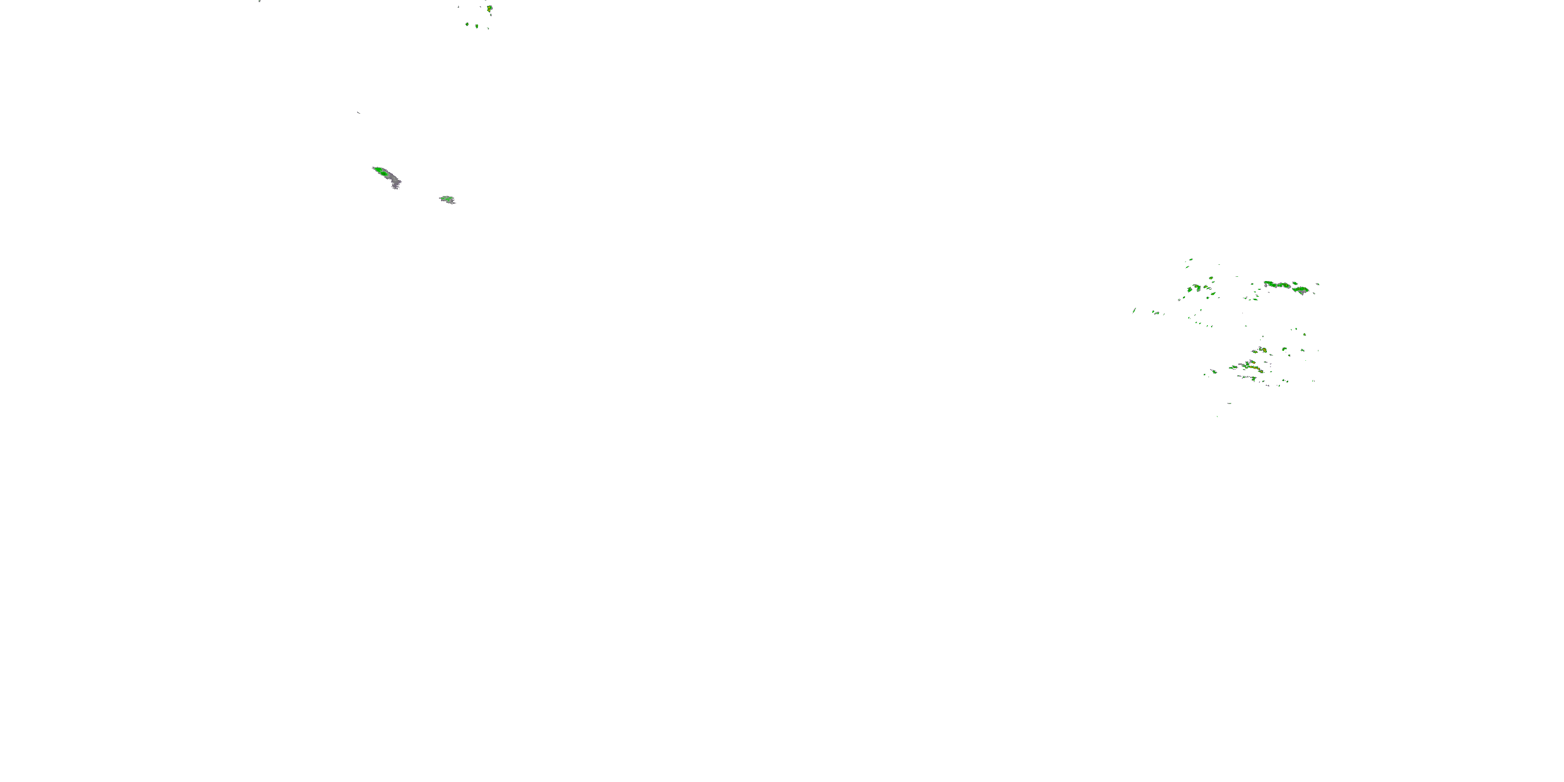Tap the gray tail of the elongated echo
pyautogui.click(x=395, y=181)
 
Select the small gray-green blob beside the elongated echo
pyautogui.click(x=447, y=199)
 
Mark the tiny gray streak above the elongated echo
pyautogui.click(x=358, y=112)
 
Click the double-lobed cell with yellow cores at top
pyautogui.click(x=490, y=8)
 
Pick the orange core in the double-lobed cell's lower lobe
pyautogui.click(x=490, y=10)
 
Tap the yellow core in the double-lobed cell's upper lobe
pyautogui.click(x=489, y=7)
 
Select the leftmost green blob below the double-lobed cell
pyautogui.click(x=467, y=25)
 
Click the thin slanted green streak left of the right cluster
pyautogui.click(x=1134, y=310)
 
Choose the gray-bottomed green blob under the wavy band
pyautogui.click(x=1301, y=290)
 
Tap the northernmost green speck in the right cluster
pyautogui.click(x=1191, y=259)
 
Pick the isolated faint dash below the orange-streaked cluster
pyautogui.click(x=1229, y=403)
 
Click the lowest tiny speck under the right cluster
pyautogui.click(x=1217, y=416)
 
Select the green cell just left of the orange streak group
pyautogui.click(x=1233, y=366)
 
